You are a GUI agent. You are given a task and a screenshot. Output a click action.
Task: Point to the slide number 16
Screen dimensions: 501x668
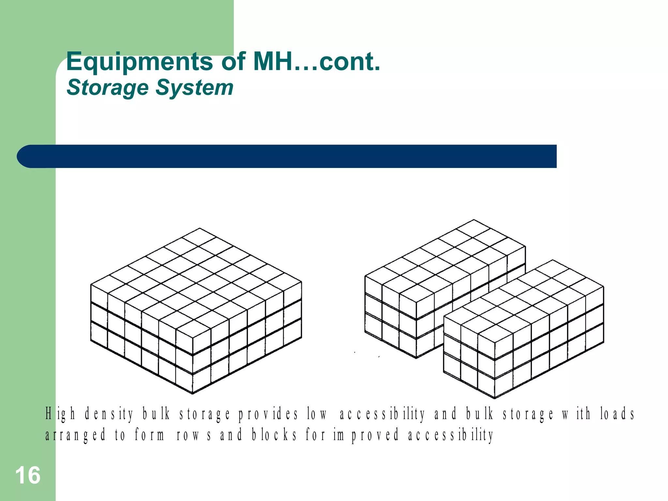[28, 475]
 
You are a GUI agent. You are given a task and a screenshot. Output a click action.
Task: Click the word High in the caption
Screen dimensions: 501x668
[60, 414]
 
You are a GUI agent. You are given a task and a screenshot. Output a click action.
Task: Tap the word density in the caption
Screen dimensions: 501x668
[109, 414]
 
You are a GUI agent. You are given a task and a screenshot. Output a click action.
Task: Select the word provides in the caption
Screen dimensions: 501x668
[268, 414]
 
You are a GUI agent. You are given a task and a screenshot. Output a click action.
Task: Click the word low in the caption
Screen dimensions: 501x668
[317, 414]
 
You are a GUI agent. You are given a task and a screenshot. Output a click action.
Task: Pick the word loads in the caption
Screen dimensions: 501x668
[617, 414]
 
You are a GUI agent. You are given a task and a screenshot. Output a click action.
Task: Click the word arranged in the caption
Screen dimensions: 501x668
[75, 435]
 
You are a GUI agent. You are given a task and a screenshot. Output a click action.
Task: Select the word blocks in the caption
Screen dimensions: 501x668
[274, 435]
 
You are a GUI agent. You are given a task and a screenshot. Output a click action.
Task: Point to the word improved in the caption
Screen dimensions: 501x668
[366, 435]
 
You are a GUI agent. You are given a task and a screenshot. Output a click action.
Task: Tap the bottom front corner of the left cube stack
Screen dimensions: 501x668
[193, 394]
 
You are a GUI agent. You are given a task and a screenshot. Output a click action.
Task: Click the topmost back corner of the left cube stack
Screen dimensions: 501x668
[200, 228]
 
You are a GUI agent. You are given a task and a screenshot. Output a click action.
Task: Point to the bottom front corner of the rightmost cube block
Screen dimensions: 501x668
[494, 398]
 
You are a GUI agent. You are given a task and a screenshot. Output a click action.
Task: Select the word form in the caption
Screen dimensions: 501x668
[150, 435]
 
